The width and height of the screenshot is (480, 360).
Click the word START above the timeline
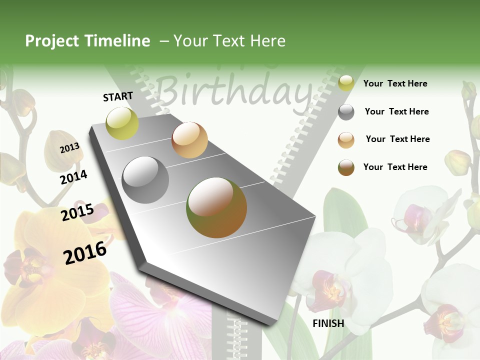[x=118, y=96]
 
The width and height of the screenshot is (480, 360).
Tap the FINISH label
[x=328, y=323]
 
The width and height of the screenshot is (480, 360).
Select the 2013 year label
[x=69, y=148]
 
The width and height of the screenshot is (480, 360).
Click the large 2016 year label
[x=85, y=252]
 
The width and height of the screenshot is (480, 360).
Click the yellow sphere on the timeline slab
[x=122, y=123]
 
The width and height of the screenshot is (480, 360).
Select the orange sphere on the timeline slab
[x=189, y=140]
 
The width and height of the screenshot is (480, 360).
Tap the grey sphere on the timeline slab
[x=145, y=180]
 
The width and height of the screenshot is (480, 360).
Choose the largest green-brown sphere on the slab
[x=216, y=207]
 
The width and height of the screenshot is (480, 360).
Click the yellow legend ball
[x=346, y=83]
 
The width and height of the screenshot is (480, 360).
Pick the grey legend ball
[x=346, y=112]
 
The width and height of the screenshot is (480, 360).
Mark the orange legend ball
[x=346, y=140]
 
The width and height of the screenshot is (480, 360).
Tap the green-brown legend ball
[x=346, y=167]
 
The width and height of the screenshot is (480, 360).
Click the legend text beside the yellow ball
[x=395, y=83]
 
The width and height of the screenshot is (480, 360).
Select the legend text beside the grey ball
[x=396, y=111]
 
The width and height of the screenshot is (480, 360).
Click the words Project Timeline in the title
[x=87, y=41]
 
